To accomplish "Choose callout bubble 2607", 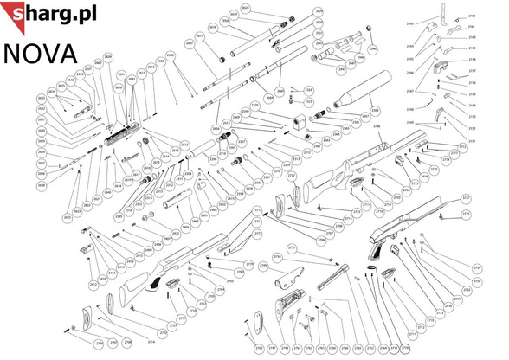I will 188,42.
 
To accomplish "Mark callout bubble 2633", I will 41,99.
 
